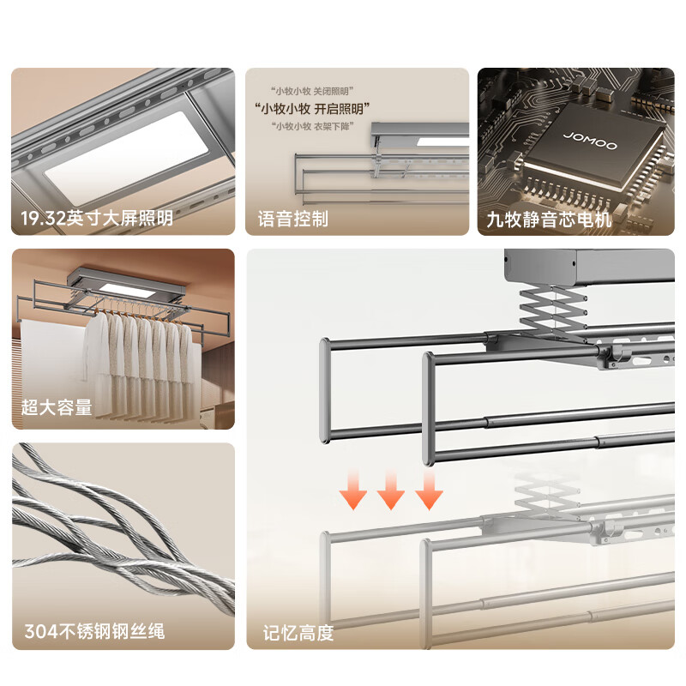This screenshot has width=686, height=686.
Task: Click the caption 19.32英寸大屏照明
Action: click(97, 218)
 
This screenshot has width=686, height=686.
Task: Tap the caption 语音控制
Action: click(292, 219)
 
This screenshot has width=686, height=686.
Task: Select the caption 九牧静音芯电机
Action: click(549, 220)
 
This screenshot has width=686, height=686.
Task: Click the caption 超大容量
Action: click(57, 406)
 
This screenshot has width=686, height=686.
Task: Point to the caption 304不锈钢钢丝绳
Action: click(94, 631)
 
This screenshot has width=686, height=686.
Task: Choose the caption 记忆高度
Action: click(298, 633)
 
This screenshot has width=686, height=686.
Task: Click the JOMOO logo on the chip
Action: click(590, 141)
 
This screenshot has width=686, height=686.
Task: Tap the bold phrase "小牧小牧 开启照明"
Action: click(312, 109)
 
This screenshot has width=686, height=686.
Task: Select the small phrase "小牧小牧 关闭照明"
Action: click(312, 91)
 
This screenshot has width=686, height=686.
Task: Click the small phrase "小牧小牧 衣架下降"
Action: click(312, 126)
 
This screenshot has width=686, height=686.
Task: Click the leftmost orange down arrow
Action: click(353, 490)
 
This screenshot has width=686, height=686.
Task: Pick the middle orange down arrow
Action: click(391, 490)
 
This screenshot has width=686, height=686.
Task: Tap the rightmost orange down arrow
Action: click(429, 490)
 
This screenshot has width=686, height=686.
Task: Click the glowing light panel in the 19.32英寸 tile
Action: click(127, 158)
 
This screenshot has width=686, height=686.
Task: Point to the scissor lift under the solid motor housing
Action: click(553, 309)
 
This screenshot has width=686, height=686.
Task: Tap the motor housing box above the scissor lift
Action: click(589, 267)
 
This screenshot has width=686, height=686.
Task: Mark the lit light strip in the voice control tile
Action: click(442, 141)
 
